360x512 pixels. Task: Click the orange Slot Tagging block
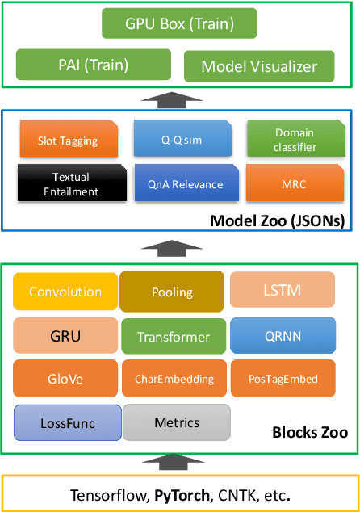point(68,141)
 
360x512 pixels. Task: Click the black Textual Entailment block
point(70,183)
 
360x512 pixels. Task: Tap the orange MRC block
point(293,183)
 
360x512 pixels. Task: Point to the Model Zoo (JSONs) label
point(277,220)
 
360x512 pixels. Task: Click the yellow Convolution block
point(65,292)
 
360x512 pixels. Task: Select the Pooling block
point(172,292)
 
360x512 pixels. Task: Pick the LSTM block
point(282,290)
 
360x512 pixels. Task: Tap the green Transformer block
point(173,336)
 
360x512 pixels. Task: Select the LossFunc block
point(67,422)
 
